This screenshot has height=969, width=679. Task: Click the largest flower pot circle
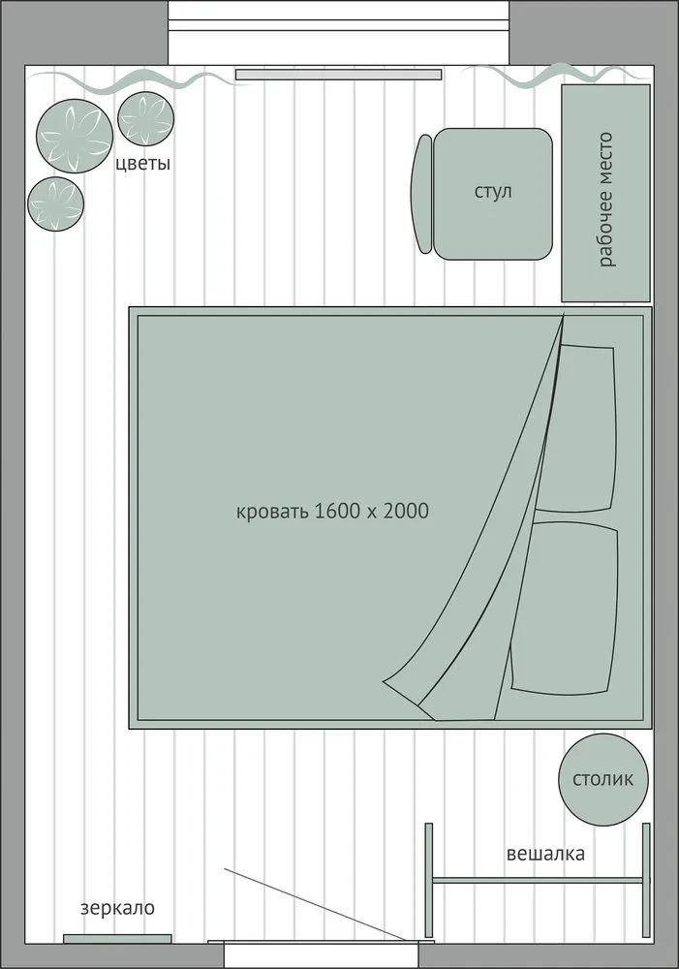point(75,136)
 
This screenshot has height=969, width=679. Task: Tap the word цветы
point(142,164)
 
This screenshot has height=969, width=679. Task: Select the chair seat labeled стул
point(492,194)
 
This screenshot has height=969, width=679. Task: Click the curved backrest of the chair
point(421,194)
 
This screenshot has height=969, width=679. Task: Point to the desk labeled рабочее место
point(605,193)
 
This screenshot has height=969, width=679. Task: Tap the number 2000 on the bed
point(405,511)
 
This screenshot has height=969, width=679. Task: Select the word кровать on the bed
point(271,512)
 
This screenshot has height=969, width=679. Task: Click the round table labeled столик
point(603,779)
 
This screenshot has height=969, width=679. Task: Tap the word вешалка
point(545,854)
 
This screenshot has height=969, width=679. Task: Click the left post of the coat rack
point(429,880)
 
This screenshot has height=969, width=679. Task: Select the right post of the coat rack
point(646,880)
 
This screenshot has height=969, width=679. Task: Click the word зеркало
point(117,909)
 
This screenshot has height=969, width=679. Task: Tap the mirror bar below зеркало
point(117,939)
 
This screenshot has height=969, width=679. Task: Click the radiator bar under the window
point(338,75)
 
